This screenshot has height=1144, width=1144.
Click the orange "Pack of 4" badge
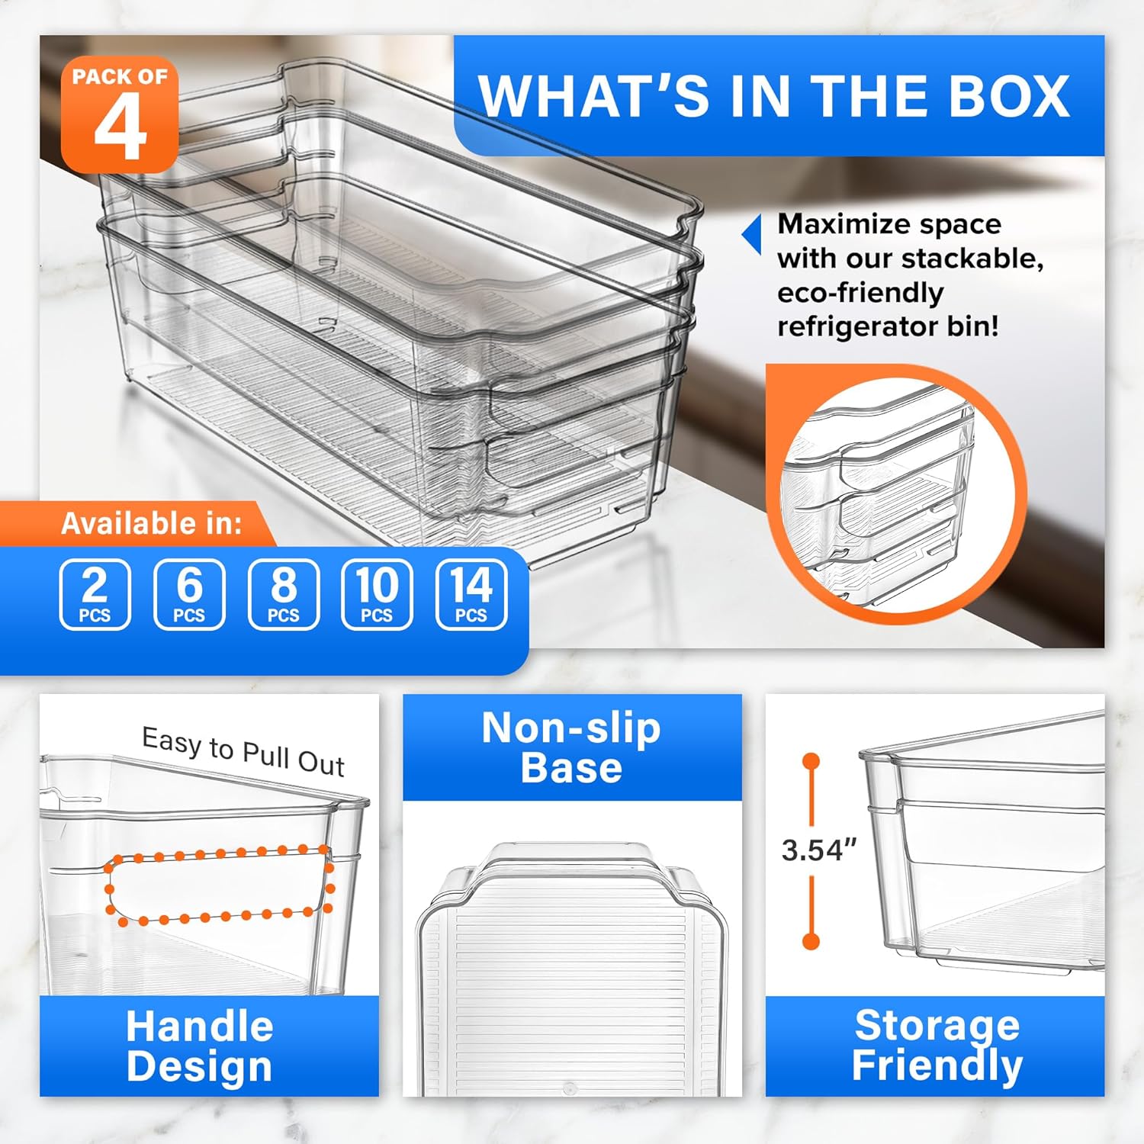coord(120,114)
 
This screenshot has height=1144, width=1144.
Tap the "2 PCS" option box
coord(95,594)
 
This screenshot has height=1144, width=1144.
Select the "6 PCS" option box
coord(189,594)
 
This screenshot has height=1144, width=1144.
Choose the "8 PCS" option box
coord(284,594)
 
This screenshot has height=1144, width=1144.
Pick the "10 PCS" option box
coord(377,594)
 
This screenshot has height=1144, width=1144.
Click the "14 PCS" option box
coord(471,594)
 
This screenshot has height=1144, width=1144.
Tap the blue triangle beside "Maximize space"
coord(752,233)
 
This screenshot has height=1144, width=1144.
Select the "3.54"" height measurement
coord(819,850)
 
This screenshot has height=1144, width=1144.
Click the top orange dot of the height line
coord(811,761)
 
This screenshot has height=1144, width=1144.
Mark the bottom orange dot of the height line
coord(811,941)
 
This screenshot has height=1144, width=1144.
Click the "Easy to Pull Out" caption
coord(243,752)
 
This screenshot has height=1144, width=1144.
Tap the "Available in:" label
coord(152,523)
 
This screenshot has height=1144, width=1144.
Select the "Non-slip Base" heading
coord(572,747)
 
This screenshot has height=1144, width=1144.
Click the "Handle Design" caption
coord(200,1046)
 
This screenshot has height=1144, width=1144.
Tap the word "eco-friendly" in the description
coord(860,293)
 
